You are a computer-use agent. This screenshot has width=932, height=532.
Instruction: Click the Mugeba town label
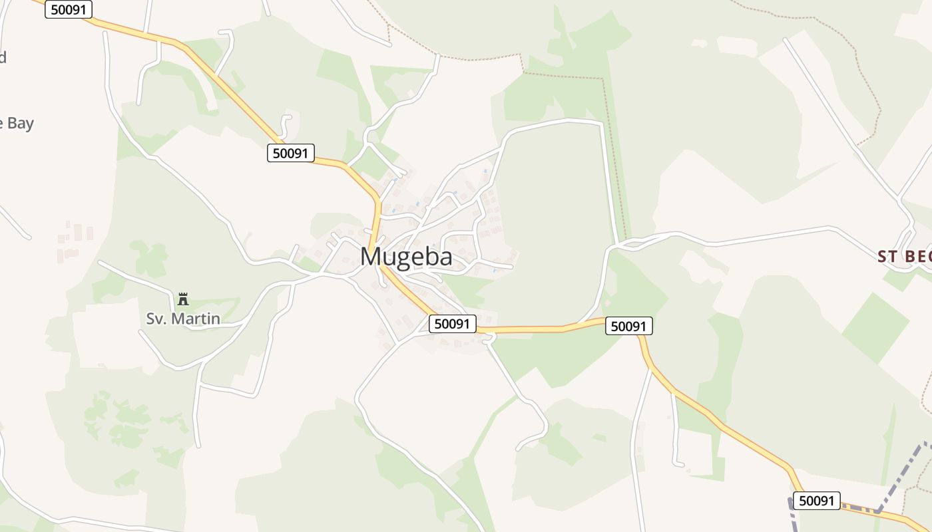(x=406, y=257)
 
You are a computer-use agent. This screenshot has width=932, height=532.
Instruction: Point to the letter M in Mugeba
(x=371, y=257)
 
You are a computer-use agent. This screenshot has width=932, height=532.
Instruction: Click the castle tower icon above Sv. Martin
(x=183, y=299)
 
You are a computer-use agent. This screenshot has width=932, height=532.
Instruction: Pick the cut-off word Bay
(x=19, y=124)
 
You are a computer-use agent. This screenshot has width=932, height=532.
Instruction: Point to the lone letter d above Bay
(x=3, y=57)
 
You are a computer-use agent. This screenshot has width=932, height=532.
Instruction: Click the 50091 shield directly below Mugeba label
(x=453, y=324)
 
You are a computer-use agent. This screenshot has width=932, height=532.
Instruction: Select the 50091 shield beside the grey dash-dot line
(x=816, y=501)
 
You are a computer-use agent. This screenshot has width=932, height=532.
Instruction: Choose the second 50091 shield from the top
(x=291, y=153)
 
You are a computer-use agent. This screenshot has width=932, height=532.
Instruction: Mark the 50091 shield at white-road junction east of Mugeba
(x=629, y=326)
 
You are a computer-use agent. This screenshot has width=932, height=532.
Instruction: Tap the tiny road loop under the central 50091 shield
(x=490, y=339)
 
